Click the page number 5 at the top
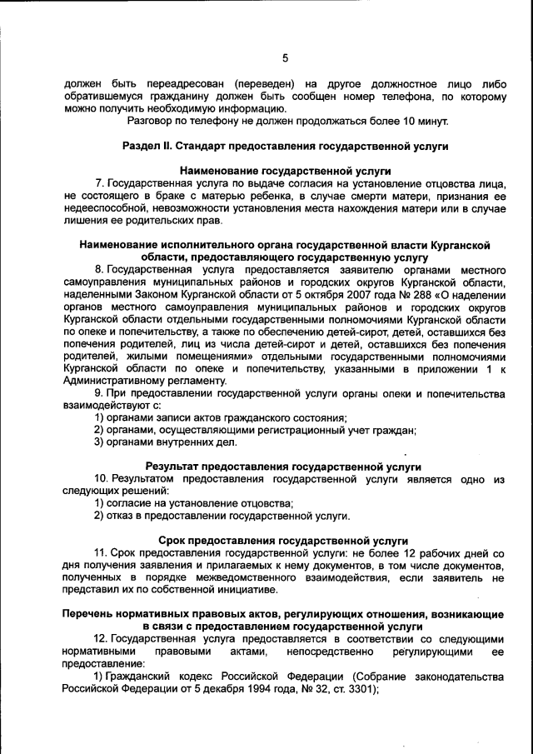click(x=285, y=57)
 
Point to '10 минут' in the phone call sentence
click(x=426, y=121)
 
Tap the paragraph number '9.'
click(x=100, y=392)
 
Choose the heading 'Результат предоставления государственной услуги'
click(x=283, y=467)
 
